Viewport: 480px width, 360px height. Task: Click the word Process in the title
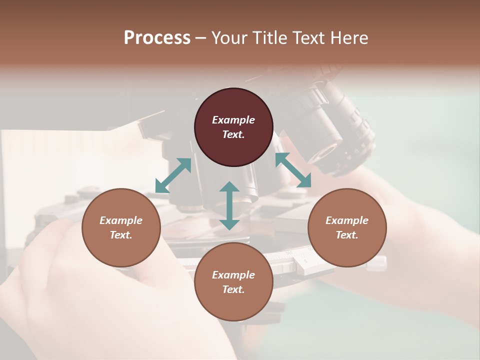point(157,37)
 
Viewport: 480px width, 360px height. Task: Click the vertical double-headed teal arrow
point(229,205)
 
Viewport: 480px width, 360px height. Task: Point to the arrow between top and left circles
point(173,175)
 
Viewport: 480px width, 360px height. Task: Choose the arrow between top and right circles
point(293,170)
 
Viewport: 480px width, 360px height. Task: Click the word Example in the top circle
point(233,120)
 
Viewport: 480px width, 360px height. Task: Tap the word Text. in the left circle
point(121,235)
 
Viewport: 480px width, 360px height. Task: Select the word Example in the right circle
point(347,220)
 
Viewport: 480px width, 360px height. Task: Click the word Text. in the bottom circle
point(233,289)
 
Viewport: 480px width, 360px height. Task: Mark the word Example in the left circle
point(121,220)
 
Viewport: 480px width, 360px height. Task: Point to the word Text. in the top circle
point(233,134)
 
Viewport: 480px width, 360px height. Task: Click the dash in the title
point(201,38)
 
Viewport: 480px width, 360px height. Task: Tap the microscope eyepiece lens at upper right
point(328,150)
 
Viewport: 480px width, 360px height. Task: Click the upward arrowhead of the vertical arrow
point(229,187)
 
